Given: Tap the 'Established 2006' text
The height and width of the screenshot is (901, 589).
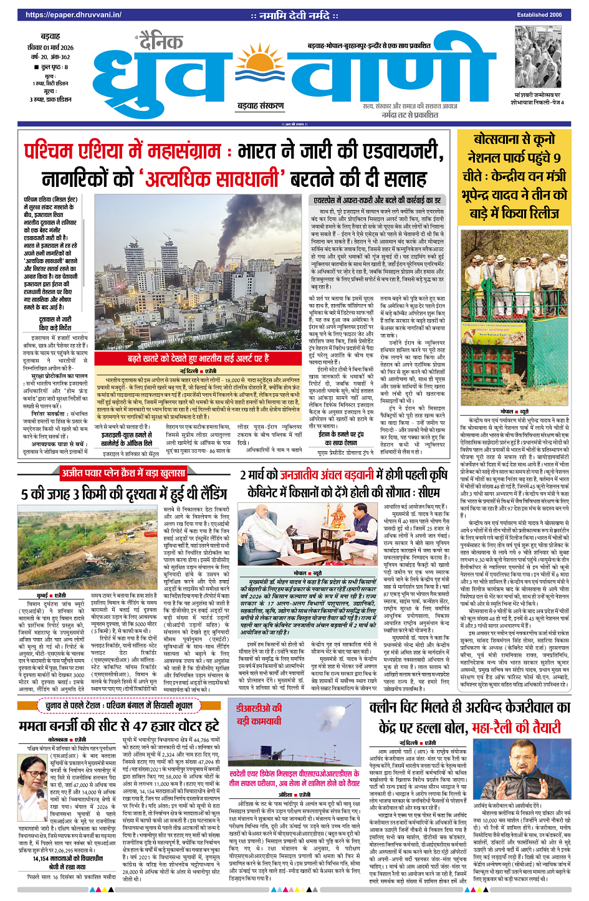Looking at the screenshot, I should tap(539, 14).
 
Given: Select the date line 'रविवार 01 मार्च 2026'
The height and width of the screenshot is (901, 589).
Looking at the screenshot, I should tap(50, 47).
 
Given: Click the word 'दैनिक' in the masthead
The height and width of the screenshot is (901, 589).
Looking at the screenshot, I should tap(161, 42).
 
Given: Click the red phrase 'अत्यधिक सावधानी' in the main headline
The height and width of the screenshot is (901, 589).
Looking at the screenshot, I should tap(212, 179).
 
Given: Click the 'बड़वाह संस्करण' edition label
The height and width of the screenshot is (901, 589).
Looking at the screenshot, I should tap(260, 106).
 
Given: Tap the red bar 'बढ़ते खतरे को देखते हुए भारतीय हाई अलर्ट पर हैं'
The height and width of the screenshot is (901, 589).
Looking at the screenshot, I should tap(198, 358).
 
